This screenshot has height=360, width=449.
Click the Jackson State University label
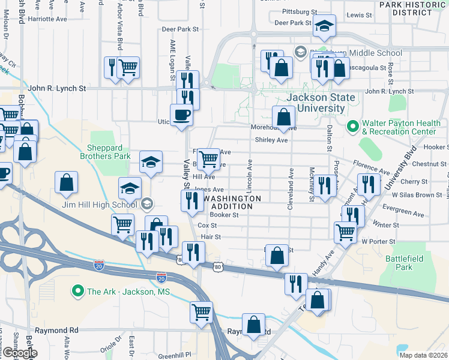coord(315,103)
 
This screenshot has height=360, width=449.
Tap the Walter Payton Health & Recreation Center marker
coord(352,127)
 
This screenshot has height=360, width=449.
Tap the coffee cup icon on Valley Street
coord(181,115)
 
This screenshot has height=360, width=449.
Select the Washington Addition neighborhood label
coord(233,202)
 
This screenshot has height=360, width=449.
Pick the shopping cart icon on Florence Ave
coord(208,159)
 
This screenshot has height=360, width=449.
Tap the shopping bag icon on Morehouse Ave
coord(283,116)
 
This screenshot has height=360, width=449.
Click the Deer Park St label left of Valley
coord(180,29)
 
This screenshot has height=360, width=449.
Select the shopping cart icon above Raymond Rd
coord(201,311)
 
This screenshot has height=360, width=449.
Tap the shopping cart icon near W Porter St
coord(345,231)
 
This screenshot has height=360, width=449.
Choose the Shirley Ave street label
coord(271,140)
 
